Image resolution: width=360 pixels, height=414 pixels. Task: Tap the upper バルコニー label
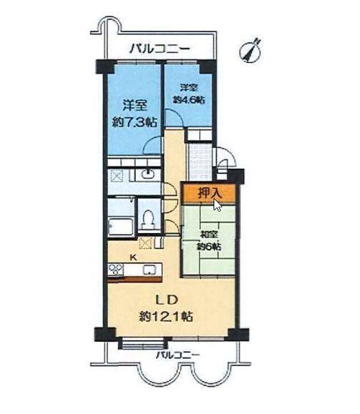click(x=159, y=49)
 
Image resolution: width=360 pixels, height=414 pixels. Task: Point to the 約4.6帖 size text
click(x=189, y=100)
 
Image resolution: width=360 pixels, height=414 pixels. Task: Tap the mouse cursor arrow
click(x=218, y=204)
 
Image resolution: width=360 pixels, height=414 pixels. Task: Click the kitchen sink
click(x=149, y=270)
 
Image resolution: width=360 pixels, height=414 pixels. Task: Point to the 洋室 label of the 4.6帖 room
click(x=189, y=87)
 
